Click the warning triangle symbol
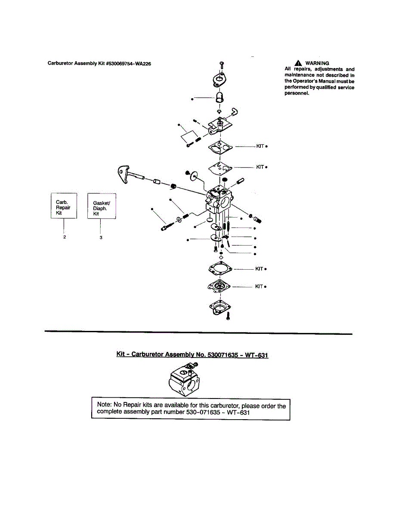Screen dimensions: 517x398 [299, 63]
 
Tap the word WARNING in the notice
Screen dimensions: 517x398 [317, 63]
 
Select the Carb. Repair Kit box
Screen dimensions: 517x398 [64, 206]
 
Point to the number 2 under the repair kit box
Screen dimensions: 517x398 [64, 237]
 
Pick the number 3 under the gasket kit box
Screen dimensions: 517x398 [101, 237]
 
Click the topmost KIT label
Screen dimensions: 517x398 [260, 146]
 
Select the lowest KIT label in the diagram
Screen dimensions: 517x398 [259, 287]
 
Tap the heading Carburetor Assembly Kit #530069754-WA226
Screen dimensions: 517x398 [99, 63]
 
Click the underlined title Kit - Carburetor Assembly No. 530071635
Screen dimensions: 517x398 [192, 355]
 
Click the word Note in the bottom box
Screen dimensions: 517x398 [105, 405]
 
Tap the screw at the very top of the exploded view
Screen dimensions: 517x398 [221, 65]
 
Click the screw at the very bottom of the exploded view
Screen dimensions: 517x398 [228, 316]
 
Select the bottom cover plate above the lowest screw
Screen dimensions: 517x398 [221, 306]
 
